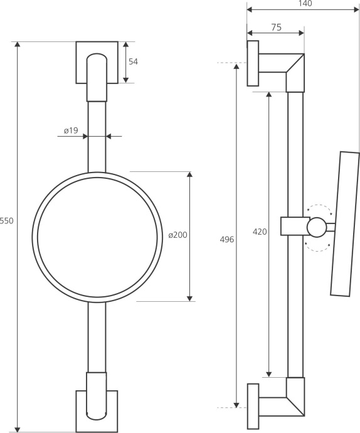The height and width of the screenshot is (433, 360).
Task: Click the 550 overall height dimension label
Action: click(6, 221)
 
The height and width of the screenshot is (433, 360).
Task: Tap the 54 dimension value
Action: click(133, 61)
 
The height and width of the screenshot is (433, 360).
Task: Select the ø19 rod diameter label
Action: click(71, 131)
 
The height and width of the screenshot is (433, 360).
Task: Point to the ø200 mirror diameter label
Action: click(177, 235)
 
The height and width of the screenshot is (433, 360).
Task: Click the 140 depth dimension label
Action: click(305, 3)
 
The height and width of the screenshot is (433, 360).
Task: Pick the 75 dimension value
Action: click(276, 28)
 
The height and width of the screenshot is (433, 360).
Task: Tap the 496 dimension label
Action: click(226, 240)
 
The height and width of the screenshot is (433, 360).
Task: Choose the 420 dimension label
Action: click(260, 232)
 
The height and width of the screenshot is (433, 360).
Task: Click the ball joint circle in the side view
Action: click(317, 227)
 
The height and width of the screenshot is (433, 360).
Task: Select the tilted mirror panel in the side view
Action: click(345, 224)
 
